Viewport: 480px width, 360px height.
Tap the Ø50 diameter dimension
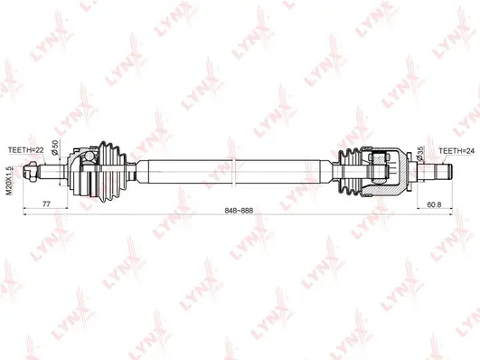click(56, 147)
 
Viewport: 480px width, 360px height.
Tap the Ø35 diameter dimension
click(421, 154)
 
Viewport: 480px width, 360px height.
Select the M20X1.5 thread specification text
click(11, 180)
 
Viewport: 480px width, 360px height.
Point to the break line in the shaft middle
click(233, 169)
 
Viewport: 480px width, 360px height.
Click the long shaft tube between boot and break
click(181, 169)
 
